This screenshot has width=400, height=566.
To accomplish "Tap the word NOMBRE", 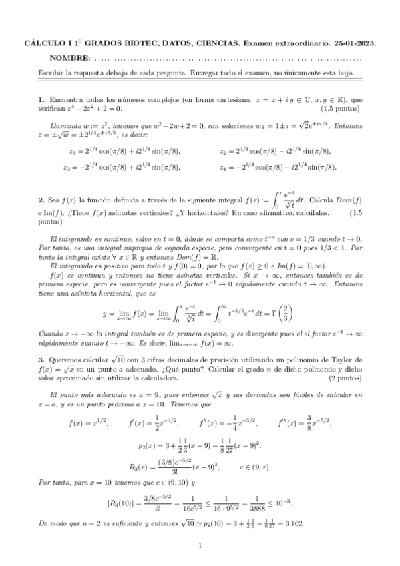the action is click(71, 58).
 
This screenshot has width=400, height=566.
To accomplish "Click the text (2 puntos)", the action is click(343, 397).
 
